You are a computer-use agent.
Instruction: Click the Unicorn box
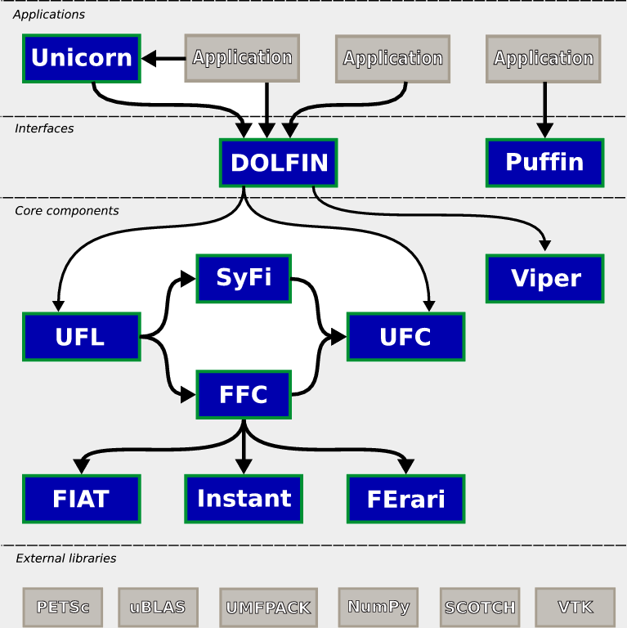click(x=82, y=59)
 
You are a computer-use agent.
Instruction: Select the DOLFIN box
click(x=279, y=163)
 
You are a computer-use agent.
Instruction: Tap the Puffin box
click(x=545, y=163)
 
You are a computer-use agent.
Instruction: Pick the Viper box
click(x=545, y=278)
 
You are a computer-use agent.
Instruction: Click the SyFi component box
click(x=244, y=278)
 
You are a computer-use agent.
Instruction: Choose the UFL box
click(x=82, y=337)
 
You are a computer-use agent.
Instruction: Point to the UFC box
click(x=406, y=337)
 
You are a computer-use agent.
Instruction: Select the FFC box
click(x=244, y=394)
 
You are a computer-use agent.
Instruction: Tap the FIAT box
click(x=82, y=499)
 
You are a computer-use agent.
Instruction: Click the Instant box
click(x=244, y=499)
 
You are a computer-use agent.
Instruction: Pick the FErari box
click(x=406, y=499)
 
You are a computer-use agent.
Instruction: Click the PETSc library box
click(x=63, y=608)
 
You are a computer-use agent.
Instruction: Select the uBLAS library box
click(x=158, y=608)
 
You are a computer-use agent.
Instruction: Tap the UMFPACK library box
click(x=269, y=608)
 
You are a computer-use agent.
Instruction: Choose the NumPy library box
click(x=378, y=608)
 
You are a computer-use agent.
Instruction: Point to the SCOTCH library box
click(x=480, y=608)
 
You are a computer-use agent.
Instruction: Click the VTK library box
click(x=575, y=608)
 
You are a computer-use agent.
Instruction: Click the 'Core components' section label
click(x=67, y=211)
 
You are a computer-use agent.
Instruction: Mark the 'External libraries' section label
click(x=66, y=558)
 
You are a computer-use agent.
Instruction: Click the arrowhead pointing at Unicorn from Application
click(x=149, y=59)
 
